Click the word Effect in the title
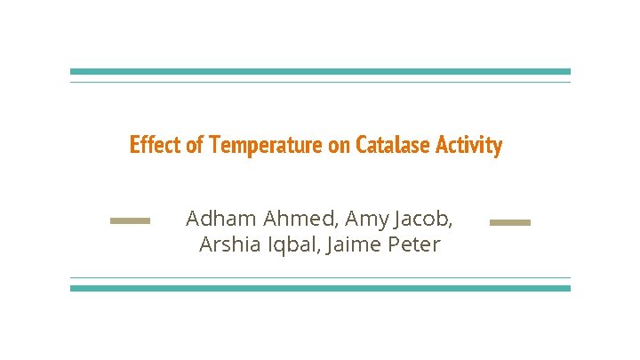[x=156, y=145]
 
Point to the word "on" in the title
[x=340, y=145]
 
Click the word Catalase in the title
[x=392, y=145]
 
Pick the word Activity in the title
[x=469, y=145]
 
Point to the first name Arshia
[x=227, y=244]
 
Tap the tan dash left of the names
[x=130, y=221]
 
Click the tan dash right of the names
[x=509, y=221]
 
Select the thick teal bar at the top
[x=320, y=72]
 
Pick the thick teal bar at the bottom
[x=320, y=288]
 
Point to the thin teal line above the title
[x=320, y=83]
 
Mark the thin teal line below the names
[x=320, y=277]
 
